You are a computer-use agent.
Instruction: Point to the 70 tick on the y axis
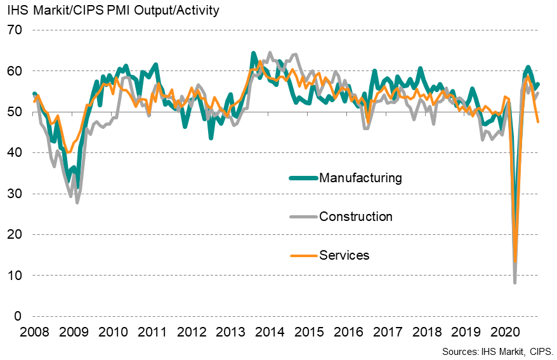pos(14,30)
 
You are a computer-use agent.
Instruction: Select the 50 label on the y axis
pos(14,112)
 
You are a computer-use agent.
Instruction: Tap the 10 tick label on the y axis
pos(14,276)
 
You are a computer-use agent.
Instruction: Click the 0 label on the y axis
pos(18,317)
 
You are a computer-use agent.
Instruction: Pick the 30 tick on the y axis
pos(14,194)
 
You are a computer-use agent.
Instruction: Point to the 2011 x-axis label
pos(152,332)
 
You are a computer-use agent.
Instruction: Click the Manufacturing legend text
pos(360,178)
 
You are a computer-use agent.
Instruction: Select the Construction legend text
pos(356,217)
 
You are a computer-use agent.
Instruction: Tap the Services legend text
pos(344,255)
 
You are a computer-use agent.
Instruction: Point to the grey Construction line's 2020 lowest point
pos(514,282)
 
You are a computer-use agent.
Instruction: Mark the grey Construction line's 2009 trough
pos(77,202)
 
